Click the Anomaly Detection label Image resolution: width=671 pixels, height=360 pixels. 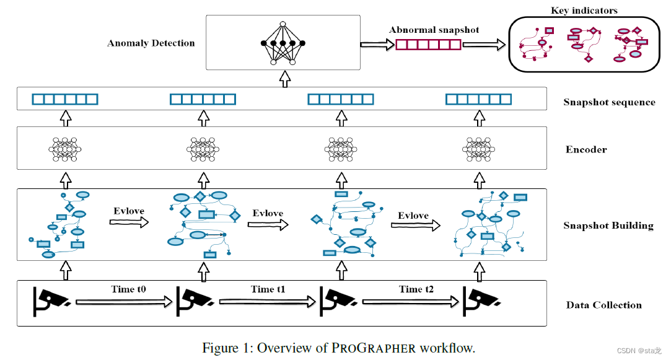tap(151, 43)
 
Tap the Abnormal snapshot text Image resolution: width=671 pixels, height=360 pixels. tap(434, 30)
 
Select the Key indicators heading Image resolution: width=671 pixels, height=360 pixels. tap(584, 10)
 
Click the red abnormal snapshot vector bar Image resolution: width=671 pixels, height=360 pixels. tap(428, 45)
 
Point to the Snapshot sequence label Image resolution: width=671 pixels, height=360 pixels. tap(608, 102)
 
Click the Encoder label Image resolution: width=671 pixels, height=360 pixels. tap(586, 149)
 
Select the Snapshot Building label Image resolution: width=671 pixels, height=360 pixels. tap(608, 226)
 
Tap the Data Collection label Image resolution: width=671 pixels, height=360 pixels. tap(603, 305)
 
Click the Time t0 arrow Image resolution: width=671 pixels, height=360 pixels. tap(123, 302)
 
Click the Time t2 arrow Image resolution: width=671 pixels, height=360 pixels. tap(411, 302)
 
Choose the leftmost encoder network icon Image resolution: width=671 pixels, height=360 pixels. tap(65, 149)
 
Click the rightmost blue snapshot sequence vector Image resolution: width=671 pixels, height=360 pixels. tap(479, 99)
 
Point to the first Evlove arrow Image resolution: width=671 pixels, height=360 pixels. tap(130, 222)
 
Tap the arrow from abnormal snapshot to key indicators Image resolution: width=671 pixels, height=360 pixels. tap(484, 45)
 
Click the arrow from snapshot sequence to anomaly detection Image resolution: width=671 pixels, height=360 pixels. tap(284, 79)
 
